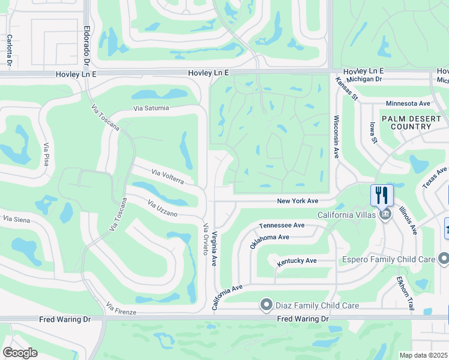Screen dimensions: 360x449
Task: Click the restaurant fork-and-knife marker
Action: click(x=382, y=194)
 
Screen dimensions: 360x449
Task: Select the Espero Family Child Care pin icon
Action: click(x=444, y=259)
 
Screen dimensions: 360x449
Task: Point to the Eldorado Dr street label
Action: click(x=87, y=46)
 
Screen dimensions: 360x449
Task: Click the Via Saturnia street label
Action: click(x=151, y=109)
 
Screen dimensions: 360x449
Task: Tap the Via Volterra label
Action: click(x=172, y=177)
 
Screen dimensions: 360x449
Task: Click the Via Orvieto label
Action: click(x=206, y=239)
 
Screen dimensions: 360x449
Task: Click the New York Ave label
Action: click(x=297, y=201)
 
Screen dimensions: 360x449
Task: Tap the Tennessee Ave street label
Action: click(x=282, y=225)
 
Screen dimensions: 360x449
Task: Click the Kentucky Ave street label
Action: click(x=297, y=262)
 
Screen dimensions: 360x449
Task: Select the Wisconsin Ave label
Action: click(x=337, y=137)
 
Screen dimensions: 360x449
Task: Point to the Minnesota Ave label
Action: click(x=408, y=103)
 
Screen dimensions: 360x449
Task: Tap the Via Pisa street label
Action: click(x=46, y=155)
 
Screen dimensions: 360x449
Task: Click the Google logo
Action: click(x=20, y=353)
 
